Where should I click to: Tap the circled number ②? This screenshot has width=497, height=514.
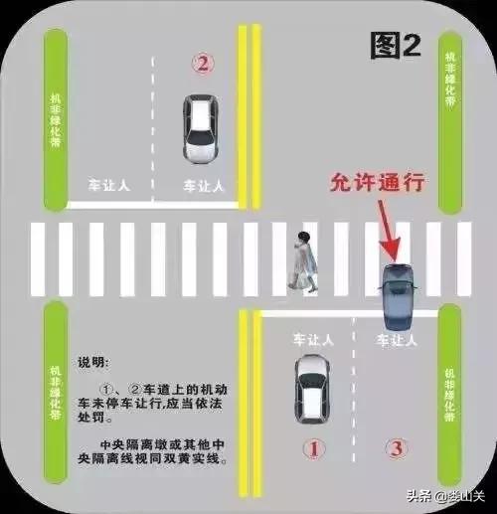coord(203,64)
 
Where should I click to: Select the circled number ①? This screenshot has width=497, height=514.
coord(313,448)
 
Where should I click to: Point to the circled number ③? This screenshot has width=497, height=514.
coord(397,448)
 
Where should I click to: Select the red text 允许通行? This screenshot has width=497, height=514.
coord(377,183)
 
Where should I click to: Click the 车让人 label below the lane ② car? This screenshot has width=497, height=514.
coord(203,186)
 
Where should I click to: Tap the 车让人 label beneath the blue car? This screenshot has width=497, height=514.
coord(397,340)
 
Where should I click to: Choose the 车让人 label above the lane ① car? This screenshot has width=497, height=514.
coord(313,340)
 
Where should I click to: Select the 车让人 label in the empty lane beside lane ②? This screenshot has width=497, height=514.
coord(109,186)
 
